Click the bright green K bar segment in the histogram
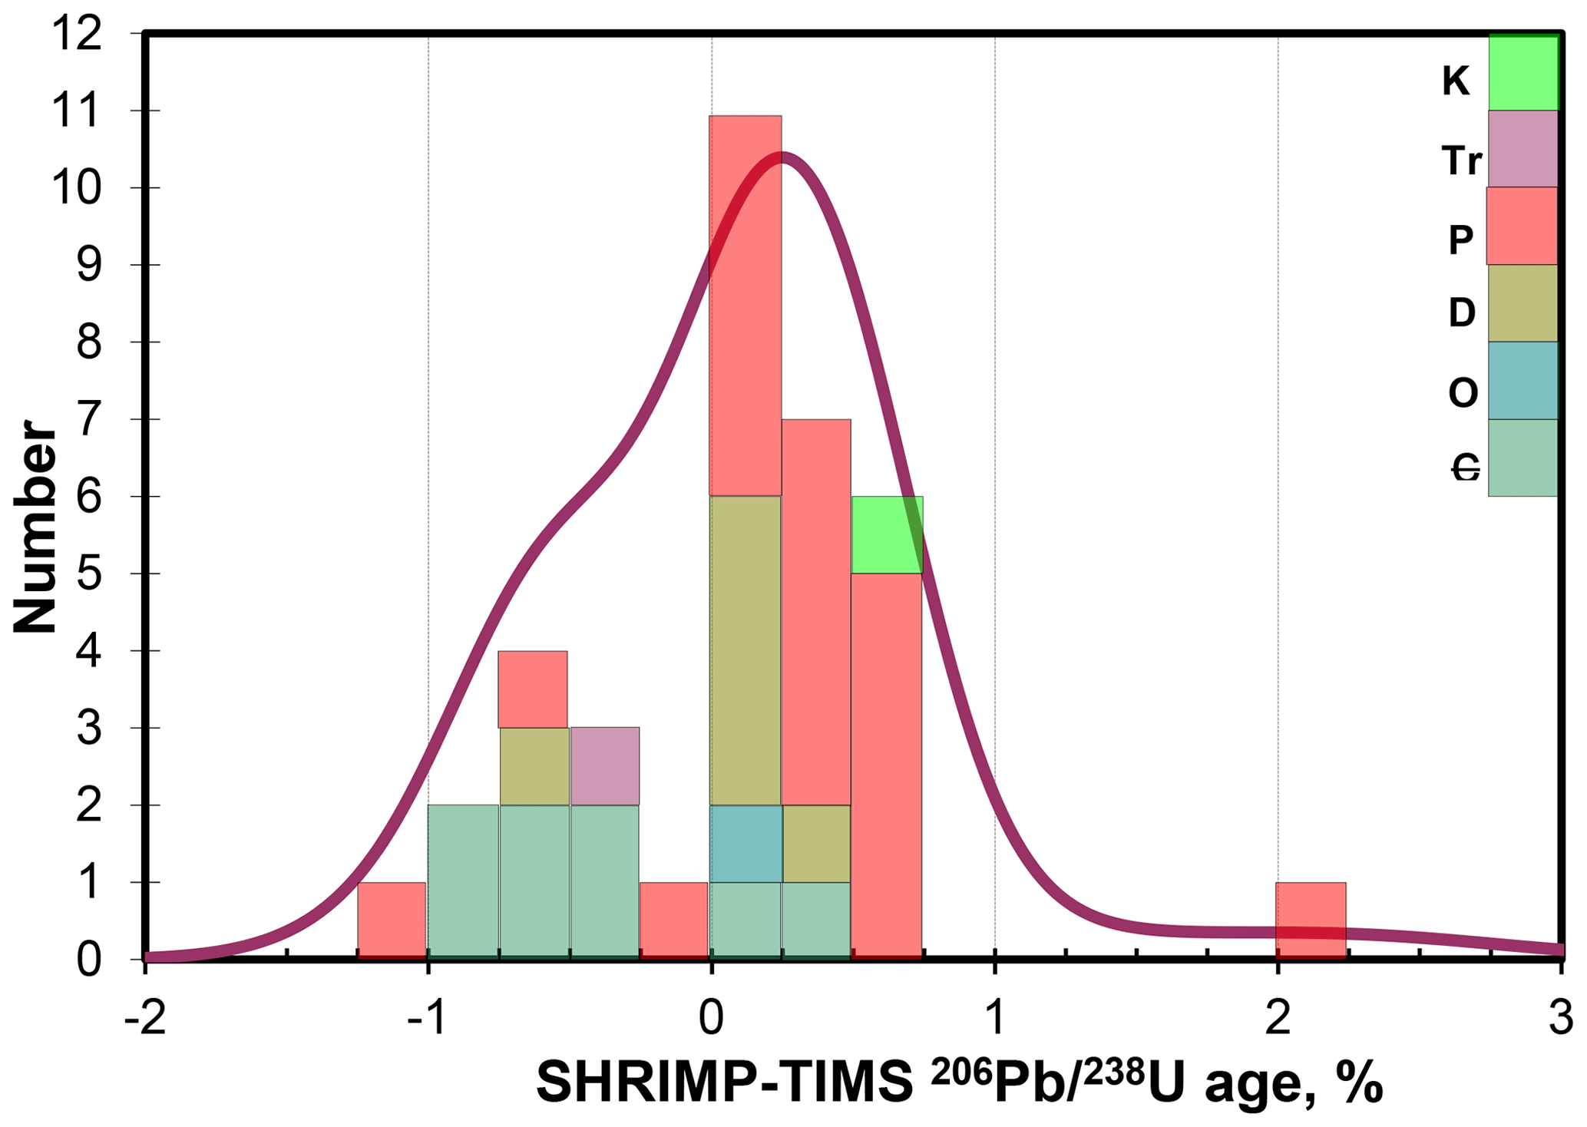click(x=887, y=534)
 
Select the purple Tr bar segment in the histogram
click(x=605, y=765)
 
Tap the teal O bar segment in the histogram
click(x=746, y=844)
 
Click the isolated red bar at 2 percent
click(x=1311, y=920)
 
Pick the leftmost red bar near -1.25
click(x=392, y=920)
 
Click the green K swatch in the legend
click(x=1523, y=73)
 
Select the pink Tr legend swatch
click(x=1523, y=149)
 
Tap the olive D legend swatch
click(x=1523, y=303)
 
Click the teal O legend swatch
click(x=1523, y=381)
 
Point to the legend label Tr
click(x=1461, y=161)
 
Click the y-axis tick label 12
click(x=77, y=35)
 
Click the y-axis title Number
click(x=35, y=527)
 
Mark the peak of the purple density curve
click(x=782, y=157)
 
